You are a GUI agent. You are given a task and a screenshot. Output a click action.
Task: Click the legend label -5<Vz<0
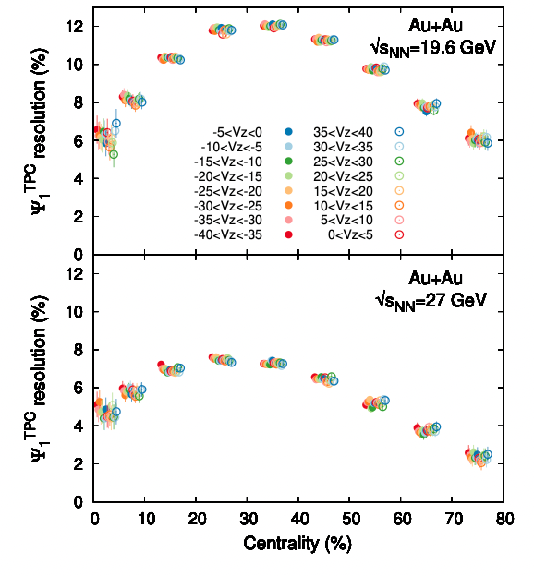point(237,132)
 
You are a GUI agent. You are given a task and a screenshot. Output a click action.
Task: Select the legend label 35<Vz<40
point(343,132)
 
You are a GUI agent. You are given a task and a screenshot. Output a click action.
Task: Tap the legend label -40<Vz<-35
point(228,234)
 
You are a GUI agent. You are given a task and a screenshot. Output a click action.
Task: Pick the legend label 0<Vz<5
point(350,234)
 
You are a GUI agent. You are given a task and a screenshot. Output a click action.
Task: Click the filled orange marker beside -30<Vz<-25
point(288,205)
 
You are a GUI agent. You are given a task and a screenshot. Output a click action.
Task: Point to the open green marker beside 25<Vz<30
point(399,162)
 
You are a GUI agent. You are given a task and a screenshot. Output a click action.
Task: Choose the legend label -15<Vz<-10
point(228,162)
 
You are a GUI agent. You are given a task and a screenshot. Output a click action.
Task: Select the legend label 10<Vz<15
point(343,206)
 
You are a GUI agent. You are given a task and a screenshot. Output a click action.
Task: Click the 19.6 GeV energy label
point(433,48)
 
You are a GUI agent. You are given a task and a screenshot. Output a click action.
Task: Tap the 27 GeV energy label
point(431,301)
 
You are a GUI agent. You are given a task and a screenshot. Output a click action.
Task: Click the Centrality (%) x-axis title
point(297,544)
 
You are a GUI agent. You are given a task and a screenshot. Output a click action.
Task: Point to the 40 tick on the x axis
point(299,519)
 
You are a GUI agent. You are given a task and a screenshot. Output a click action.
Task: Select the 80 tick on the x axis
point(504,519)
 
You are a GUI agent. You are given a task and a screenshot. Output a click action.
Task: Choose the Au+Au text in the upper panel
point(435,25)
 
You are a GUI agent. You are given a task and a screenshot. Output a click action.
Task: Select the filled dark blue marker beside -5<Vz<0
point(288,131)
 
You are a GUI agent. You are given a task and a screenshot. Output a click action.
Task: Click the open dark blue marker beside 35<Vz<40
point(399,132)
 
